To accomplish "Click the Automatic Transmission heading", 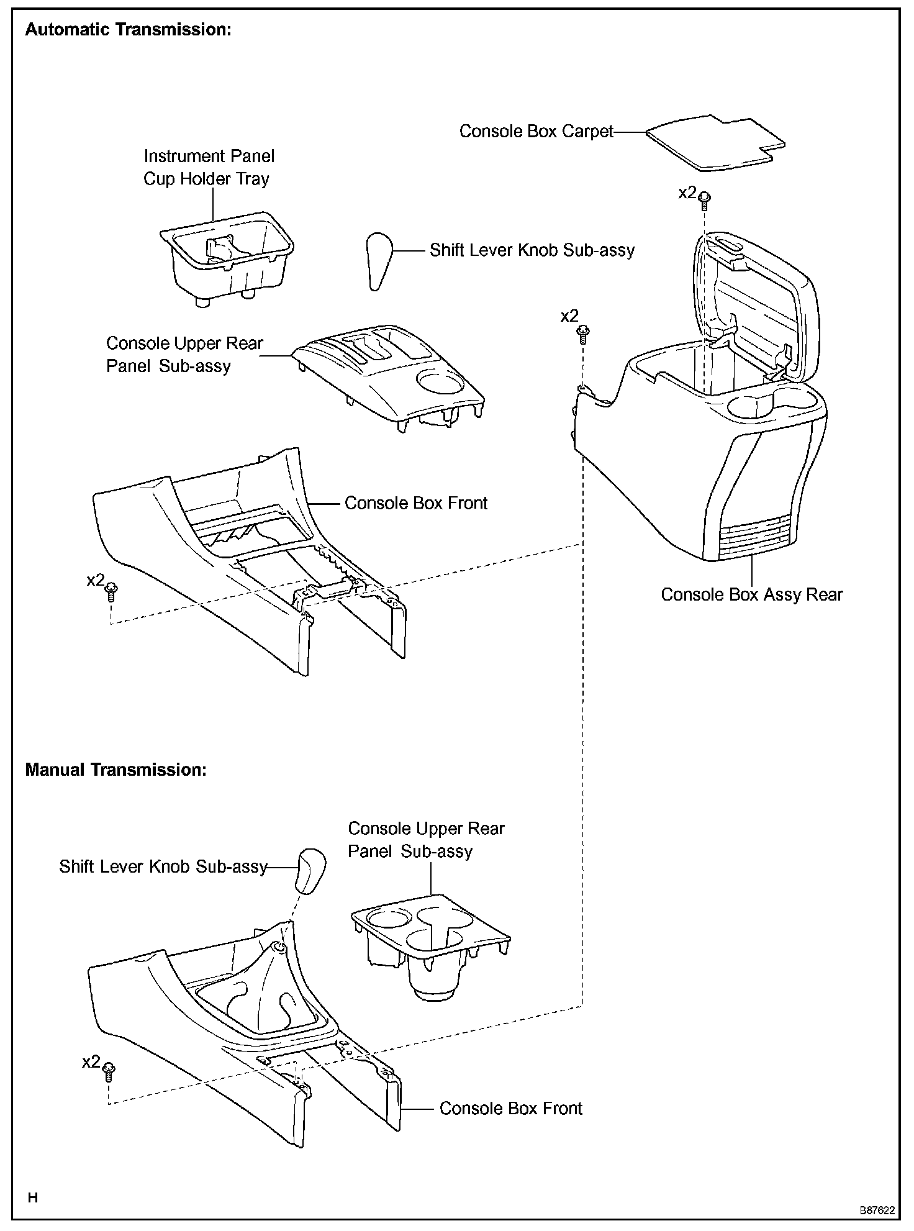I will (x=128, y=30).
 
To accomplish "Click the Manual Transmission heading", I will (x=115, y=770).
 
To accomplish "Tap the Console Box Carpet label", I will (x=536, y=132).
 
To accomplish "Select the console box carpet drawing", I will (x=714, y=141).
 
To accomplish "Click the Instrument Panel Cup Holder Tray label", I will (x=209, y=168).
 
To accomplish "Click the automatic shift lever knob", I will (x=378, y=260).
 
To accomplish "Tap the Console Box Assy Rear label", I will (x=751, y=595).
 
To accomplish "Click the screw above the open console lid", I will (x=704, y=199).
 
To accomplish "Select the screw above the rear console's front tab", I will (x=583, y=334).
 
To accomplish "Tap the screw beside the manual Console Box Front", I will (x=109, y=1069).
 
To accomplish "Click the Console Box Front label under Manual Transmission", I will (x=510, y=1109).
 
